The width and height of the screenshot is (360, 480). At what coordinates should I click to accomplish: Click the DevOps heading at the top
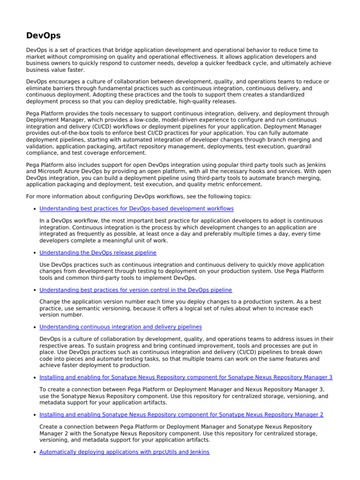pyautogui.click(x=44, y=35)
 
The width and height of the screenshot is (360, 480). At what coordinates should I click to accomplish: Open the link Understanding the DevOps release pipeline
pyautogui.click(x=98, y=253)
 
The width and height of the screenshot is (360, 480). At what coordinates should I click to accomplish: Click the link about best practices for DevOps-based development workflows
pyautogui.click(x=136, y=209)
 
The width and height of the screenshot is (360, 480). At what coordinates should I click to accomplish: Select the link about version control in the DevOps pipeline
pyautogui.click(x=135, y=290)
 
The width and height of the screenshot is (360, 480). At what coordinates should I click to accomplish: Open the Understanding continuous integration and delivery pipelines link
pyautogui.click(x=121, y=327)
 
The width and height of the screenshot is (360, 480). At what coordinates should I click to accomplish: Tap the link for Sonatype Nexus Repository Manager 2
pyautogui.click(x=181, y=414)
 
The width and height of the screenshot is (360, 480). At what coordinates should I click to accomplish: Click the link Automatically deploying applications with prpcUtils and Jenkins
pyautogui.click(x=124, y=452)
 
